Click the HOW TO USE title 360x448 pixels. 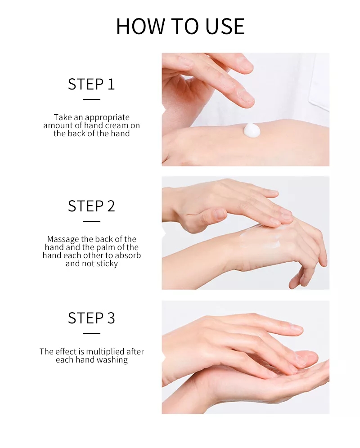[x=180, y=26]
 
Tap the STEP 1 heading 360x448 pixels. [x=91, y=84]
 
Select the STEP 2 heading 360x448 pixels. [x=91, y=206]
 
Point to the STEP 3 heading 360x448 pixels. [x=91, y=318]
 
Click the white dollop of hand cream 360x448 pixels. [x=252, y=130]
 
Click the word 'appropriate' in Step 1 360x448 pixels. [x=107, y=118]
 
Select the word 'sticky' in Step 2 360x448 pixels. [x=107, y=264]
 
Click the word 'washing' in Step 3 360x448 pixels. [x=113, y=360]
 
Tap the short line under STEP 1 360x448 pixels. [x=92, y=99]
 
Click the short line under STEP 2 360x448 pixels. [x=92, y=221]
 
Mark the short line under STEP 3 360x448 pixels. [x=92, y=333]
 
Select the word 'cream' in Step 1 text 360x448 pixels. [x=117, y=125]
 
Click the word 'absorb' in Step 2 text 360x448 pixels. [x=128, y=255]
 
